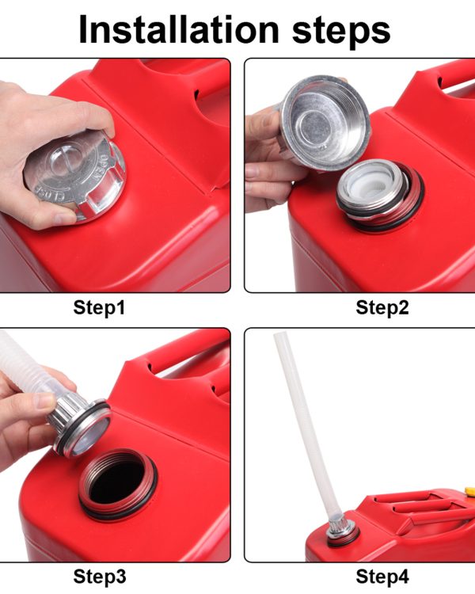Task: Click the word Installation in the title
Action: pos(179,30)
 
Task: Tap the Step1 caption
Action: pos(99,307)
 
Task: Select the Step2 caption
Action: pos(382,307)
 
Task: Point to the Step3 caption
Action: pos(100,577)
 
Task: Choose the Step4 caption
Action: pos(382,577)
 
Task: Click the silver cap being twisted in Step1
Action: pos(76,175)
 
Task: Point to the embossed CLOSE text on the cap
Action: pos(52,192)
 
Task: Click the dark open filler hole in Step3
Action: pos(118,482)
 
